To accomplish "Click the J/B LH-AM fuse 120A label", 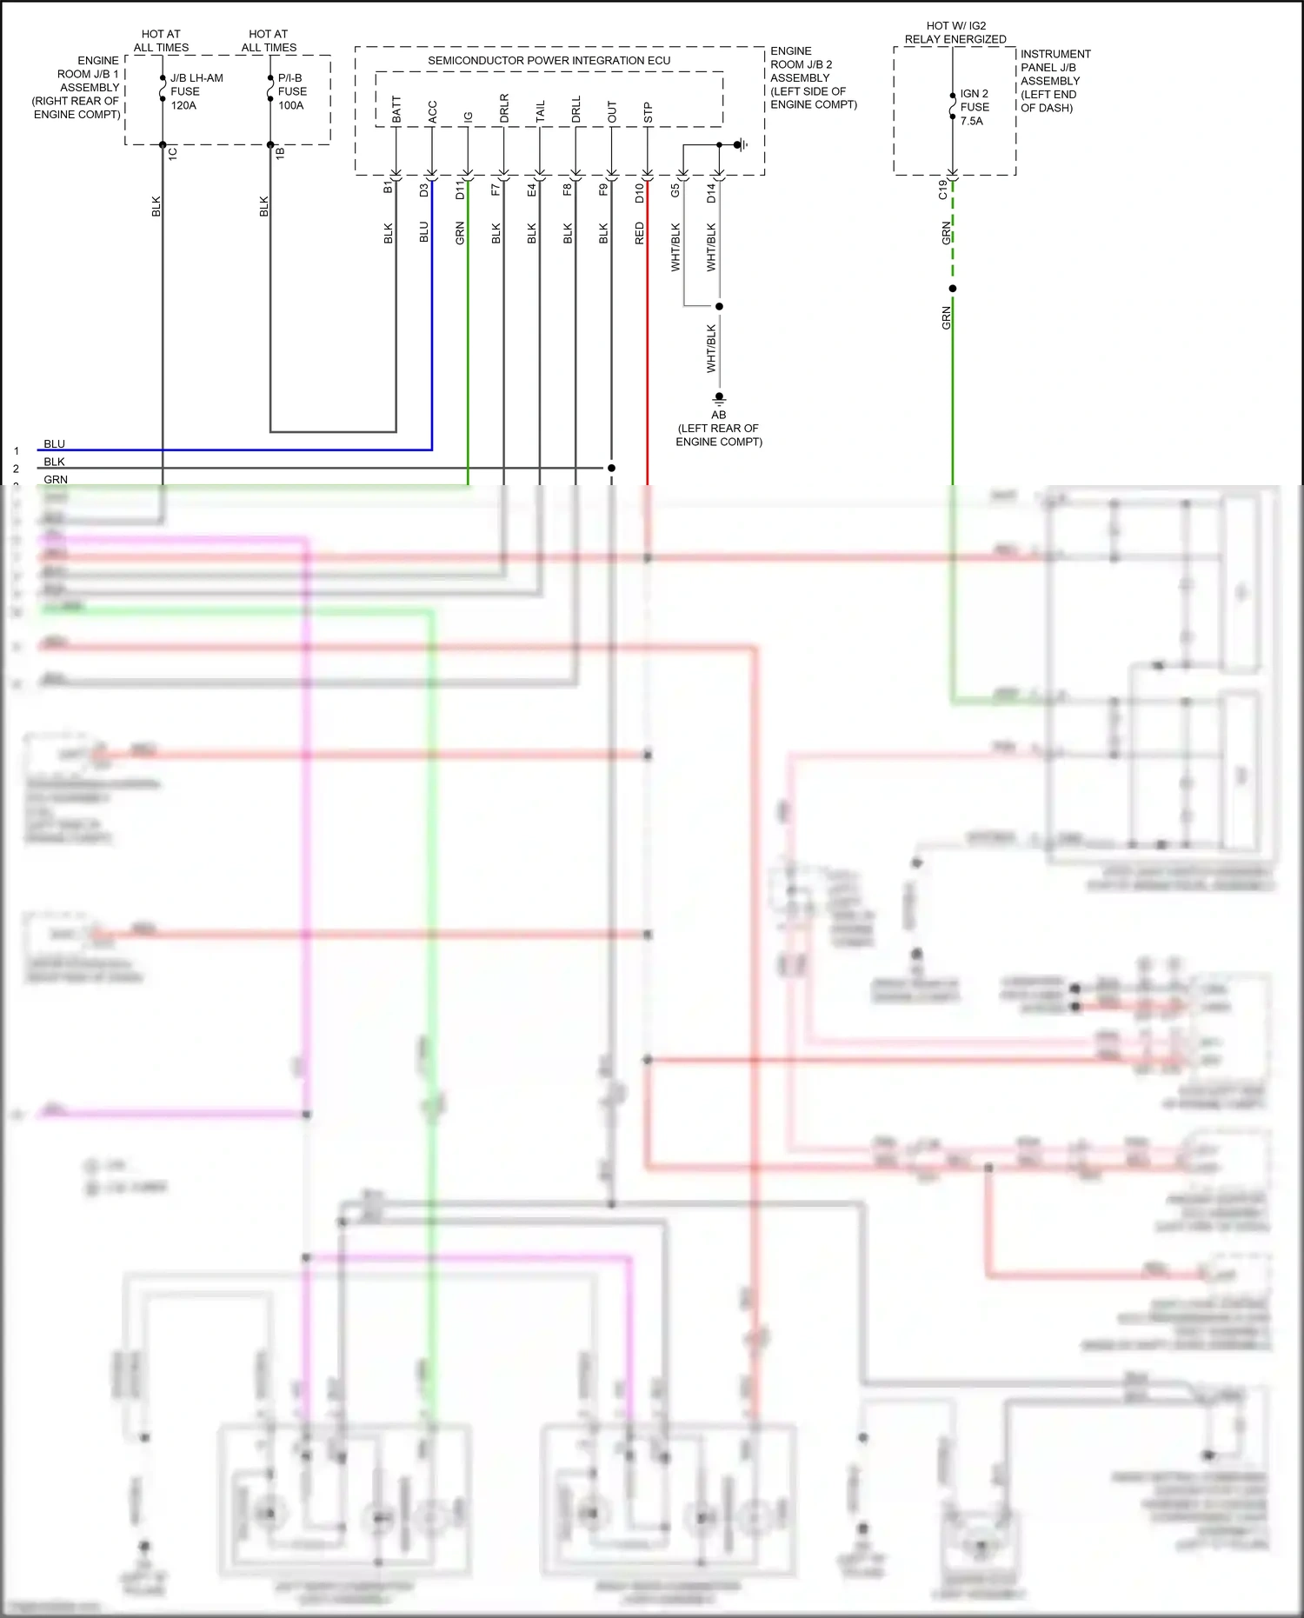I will (x=196, y=91).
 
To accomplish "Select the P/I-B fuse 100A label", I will (x=292, y=91).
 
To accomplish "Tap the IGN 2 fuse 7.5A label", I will (x=974, y=107).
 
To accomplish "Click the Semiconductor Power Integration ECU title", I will (x=549, y=61).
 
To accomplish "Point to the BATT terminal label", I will (x=396, y=109).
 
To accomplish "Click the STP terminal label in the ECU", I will (x=648, y=113).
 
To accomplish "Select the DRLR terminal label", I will (x=504, y=108).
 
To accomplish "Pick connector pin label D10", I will (x=639, y=193).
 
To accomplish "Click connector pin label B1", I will (x=388, y=188).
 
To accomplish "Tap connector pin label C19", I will (x=943, y=190).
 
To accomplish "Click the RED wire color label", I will (x=639, y=233).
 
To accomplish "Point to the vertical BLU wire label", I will (x=423, y=232).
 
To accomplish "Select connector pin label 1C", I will (x=172, y=153).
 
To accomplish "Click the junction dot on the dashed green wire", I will (x=953, y=289).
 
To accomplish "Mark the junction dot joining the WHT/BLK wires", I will (x=719, y=306).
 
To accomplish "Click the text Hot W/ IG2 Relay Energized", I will (x=955, y=32).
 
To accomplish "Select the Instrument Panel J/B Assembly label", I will (x=1055, y=81).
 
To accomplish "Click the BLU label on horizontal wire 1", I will (x=54, y=444).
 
